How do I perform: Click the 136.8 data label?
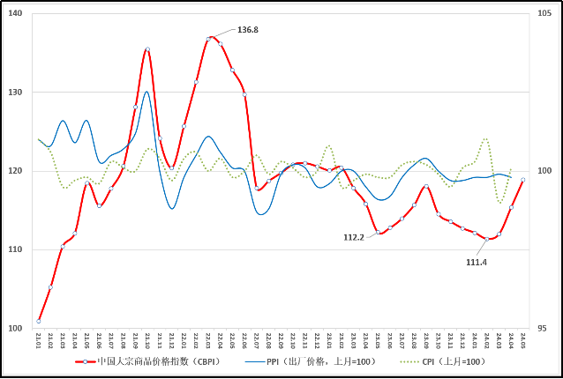pos(248,30)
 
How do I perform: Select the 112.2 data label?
pos(354,236)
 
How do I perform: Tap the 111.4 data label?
pos(476,262)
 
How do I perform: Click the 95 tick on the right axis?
pos(542,329)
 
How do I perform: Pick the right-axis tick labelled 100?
pos(544,171)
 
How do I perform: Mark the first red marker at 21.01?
pos(39,321)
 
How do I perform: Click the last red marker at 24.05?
pos(523,180)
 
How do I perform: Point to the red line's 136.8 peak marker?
pos(210,39)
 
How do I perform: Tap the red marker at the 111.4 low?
pos(487,239)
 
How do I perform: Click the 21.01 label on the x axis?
pos(39,339)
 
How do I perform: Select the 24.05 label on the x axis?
pos(523,339)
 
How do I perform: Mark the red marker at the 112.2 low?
pos(379,233)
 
